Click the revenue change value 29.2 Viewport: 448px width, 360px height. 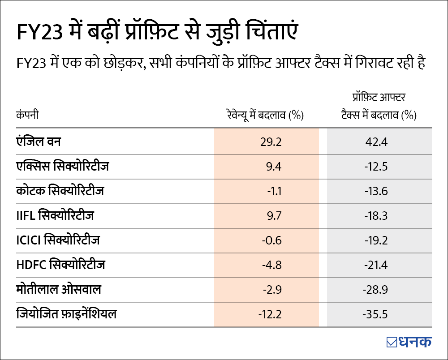pos(271,142)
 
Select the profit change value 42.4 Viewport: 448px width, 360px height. pos(376,142)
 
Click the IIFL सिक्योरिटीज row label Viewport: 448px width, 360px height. pos(55,216)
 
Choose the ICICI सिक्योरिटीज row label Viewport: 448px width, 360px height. pos(57,240)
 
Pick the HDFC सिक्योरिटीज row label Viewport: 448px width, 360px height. pos(60,265)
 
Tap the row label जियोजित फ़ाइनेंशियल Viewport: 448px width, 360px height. pos(66,314)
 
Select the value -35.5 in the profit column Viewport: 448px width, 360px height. pos(375,314)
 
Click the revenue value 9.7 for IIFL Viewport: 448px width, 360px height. pos(273,216)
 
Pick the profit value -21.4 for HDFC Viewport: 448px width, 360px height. pos(375,265)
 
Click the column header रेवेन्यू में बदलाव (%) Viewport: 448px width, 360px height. pos(265,116)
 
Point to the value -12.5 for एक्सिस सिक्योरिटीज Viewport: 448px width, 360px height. pos(375,167)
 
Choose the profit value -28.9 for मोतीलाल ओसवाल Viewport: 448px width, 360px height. pos(375,290)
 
